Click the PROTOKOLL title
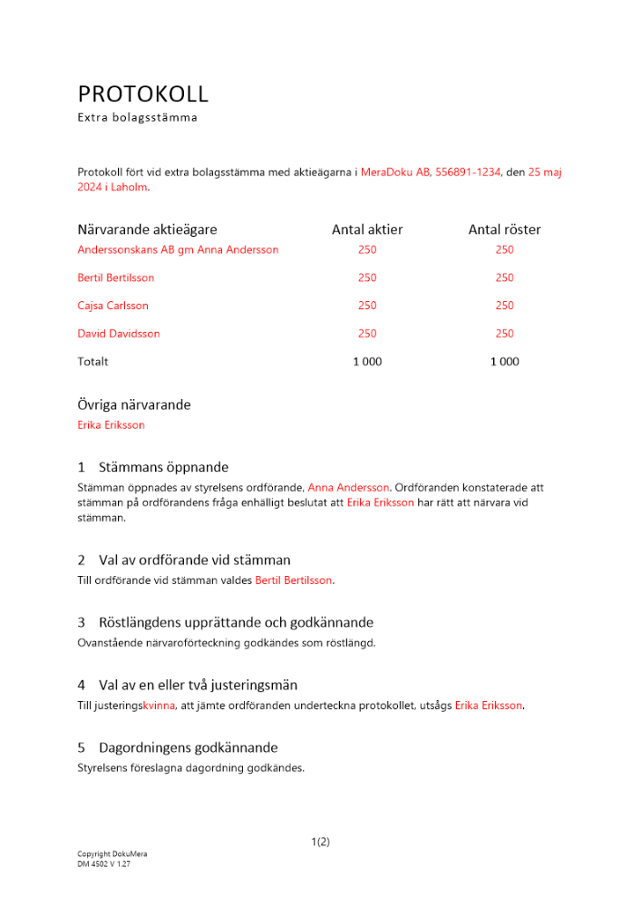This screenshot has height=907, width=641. [x=143, y=93]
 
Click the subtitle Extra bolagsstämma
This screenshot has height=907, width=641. [x=137, y=118]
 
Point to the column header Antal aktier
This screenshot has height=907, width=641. [x=367, y=229]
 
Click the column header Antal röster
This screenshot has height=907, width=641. [x=504, y=229]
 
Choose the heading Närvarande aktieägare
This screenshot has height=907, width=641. [x=148, y=229]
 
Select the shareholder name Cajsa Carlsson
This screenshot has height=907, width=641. [x=113, y=306]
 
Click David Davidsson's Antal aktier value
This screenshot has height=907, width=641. [x=367, y=334]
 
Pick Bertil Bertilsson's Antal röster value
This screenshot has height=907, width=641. [x=504, y=278]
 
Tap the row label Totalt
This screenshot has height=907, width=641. [x=93, y=362]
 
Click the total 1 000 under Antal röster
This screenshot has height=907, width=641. [x=504, y=362]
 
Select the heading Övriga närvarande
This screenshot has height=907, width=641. [x=134, y=405]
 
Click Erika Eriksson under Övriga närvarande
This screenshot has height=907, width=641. [x=112, y=424]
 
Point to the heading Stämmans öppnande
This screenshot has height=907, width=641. [x=163, y=467]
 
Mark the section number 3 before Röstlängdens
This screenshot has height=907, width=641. [x=82, y=622]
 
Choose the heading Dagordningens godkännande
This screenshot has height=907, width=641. [x=188, y=747]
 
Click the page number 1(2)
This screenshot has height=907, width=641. [x=320, y=842]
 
